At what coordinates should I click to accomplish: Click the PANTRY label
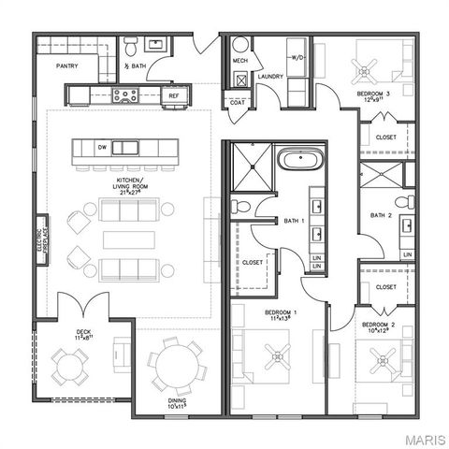pos(66,66)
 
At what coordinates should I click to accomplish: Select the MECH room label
pos(239,61)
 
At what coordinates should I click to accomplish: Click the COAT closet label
pos(238,102)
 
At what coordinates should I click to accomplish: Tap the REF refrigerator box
pos(174,94)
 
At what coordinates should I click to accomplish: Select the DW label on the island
pos(104,147)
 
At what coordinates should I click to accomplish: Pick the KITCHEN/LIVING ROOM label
pos(131,184)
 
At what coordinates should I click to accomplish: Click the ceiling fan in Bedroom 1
pos(275,354)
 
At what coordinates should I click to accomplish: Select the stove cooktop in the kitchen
pos(125,94)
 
